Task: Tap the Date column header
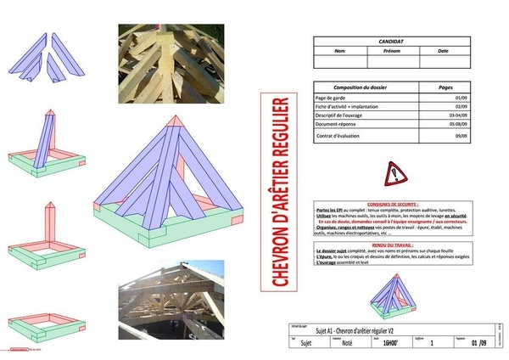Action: (x=443, y=50)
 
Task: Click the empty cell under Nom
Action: (x=340, y=61)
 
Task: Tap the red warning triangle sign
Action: (x=396, y=173)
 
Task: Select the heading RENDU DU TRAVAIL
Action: (x=395, y=244)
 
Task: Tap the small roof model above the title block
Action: (x=395, y=293)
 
